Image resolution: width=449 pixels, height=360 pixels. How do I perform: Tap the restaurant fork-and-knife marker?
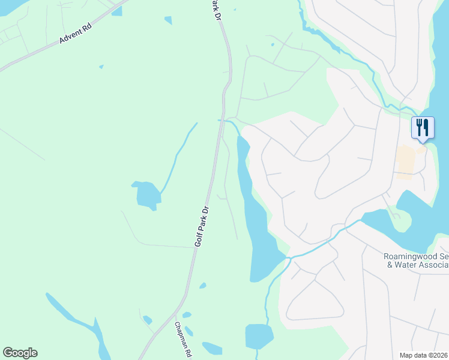(x=423, y=127)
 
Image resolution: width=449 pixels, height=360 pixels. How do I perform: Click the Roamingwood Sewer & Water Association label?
(x=416, y=260)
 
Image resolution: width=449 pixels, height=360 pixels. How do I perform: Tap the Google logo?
(x=20, y=353)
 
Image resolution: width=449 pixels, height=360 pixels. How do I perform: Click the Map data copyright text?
(x=423, y=355)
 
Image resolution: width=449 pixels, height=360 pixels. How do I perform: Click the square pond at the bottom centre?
(x=259, y=336)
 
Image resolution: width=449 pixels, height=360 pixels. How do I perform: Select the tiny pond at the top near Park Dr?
(x=168, y=20)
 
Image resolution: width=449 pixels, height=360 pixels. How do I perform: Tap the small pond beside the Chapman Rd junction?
(x=187, y=315)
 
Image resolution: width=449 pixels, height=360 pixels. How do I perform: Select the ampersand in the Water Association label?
(x=390, y=265)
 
